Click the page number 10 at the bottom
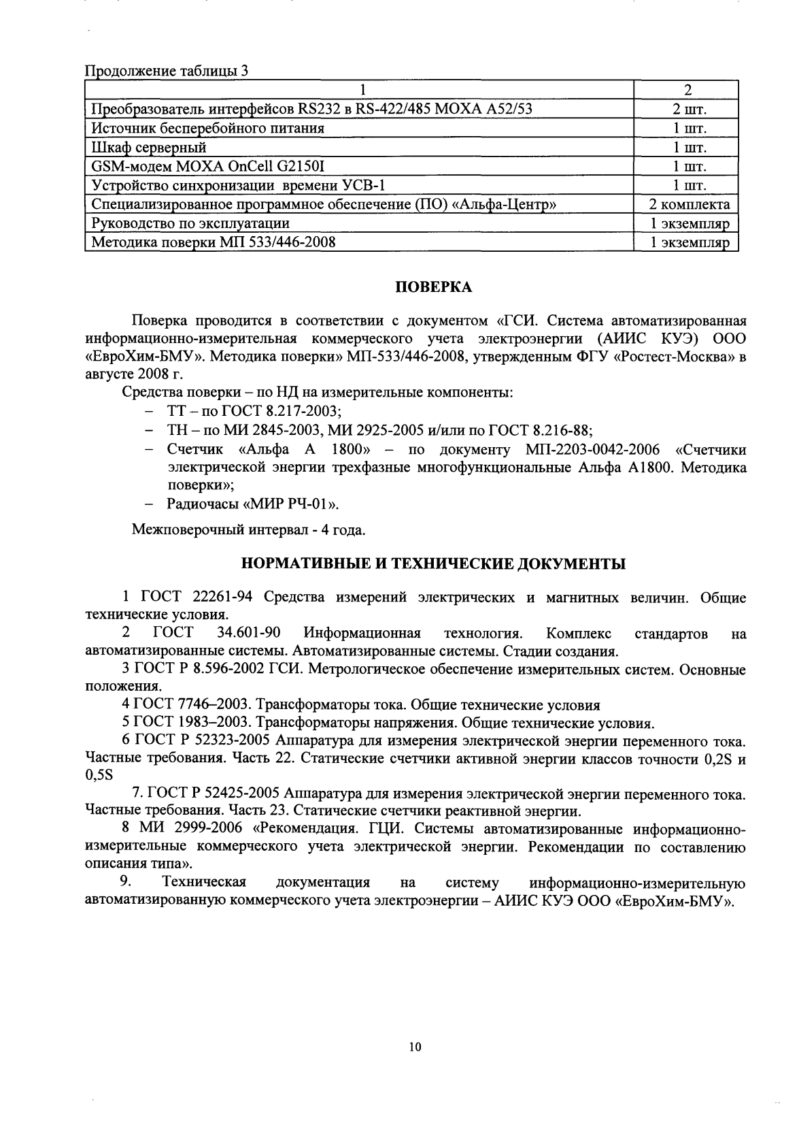point(415,1047)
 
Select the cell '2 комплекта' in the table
point(689,205)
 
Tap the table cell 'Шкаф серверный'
point(149,147)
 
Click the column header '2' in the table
point(688,90)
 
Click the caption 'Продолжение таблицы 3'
point(165,71)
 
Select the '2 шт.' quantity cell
point(689,109)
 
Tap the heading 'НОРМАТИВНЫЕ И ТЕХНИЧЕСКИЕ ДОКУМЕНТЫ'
point(434,563)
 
